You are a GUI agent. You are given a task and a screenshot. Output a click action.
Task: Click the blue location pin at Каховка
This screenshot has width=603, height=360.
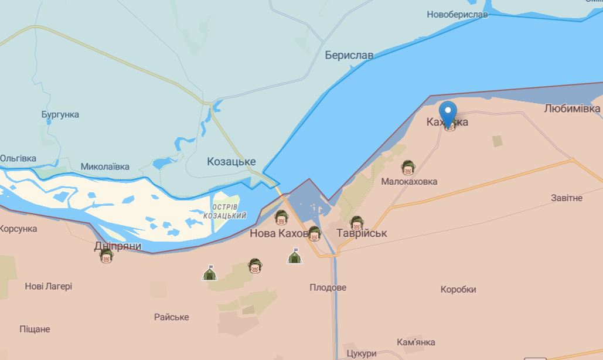(x=448, y=113)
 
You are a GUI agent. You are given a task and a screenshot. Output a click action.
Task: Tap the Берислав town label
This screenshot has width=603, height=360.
(x=349, y=55)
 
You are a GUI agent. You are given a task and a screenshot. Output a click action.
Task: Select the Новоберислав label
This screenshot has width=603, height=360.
(x=457, y=14)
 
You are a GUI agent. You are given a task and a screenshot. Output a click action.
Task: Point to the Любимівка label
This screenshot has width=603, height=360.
(x=572, y=108)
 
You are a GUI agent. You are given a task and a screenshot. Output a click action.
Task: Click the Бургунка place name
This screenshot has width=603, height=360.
(x=60, y=114)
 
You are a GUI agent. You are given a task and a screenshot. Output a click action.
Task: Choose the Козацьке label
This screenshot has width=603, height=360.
(x=231, y=161)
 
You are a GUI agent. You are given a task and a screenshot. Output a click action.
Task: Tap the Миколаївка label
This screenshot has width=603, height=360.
(x=105, y=167)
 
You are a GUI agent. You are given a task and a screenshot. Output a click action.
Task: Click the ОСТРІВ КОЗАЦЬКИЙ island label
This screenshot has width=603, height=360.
(x=224, y=212)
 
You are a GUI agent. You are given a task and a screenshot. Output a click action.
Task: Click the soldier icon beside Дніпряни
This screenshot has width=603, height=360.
(x=106, y=256)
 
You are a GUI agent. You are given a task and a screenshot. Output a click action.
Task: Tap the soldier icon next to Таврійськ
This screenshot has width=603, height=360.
(x=356, y=223)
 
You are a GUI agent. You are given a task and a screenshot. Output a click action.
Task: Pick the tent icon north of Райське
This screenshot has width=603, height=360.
(x=208, y=273)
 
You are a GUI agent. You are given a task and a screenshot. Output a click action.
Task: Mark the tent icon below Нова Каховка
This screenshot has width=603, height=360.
(x=294, y=256)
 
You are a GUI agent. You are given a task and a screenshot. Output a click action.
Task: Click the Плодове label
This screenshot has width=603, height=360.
(x=328, y=287)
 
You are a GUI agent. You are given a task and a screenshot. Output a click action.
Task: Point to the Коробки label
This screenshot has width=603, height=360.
(x=458, y=289)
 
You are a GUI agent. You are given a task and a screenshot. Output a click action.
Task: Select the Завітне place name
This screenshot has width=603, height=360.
(x=567, y=198)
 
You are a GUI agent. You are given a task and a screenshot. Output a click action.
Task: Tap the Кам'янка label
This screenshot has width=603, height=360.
(x=416, y=342)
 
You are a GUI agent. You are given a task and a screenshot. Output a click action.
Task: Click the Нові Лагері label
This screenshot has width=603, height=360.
(x=49, y=286)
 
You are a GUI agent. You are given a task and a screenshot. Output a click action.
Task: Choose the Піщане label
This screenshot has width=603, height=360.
(x=35, y=329)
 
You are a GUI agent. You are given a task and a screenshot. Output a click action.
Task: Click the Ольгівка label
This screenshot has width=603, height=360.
(x=18, y=158)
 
